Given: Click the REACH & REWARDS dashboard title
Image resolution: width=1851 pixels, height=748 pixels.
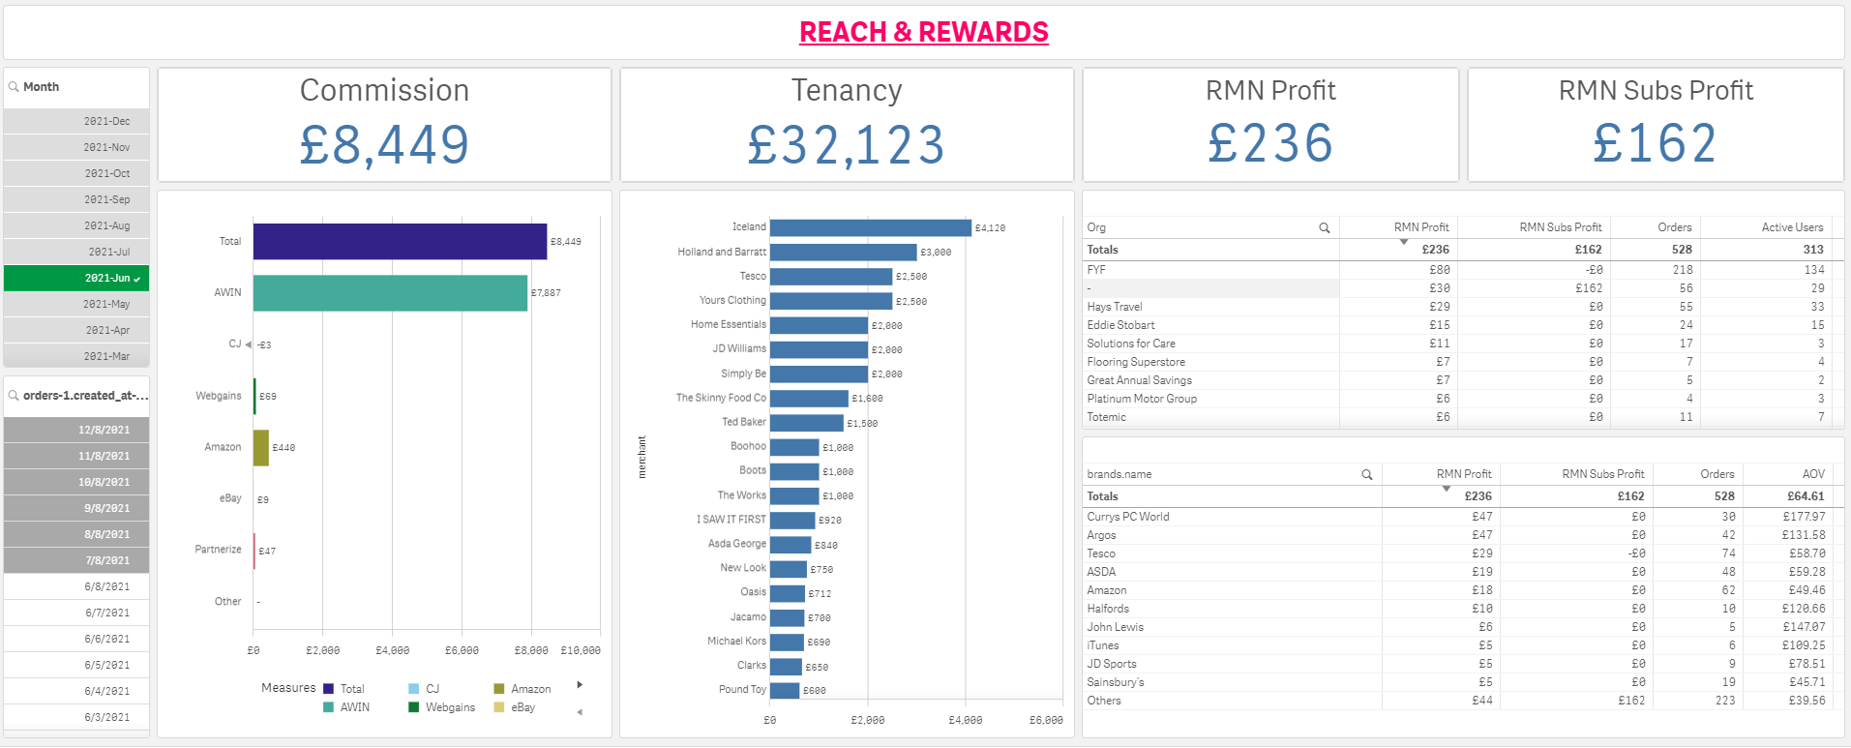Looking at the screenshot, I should [x=923, y=32].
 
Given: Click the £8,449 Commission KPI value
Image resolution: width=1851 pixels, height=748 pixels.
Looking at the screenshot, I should [x=384, y=145].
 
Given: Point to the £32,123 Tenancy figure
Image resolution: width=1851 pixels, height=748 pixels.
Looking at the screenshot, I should [x=846, y=145].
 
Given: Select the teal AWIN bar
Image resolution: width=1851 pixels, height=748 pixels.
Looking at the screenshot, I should [x=390, y=292].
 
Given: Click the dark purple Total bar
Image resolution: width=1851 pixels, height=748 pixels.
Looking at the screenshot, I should [x=400, y=241].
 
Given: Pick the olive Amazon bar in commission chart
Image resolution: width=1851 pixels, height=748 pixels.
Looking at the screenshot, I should [x=261, y=448].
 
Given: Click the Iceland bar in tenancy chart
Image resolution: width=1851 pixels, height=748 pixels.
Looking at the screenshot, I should [x=870, y=227].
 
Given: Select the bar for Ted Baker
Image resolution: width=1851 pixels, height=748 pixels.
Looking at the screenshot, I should [x=806, y=423].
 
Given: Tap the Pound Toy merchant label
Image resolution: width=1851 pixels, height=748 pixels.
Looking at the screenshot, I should [x=742, y=689].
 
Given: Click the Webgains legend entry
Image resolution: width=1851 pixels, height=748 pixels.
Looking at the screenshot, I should [x=450, y=707].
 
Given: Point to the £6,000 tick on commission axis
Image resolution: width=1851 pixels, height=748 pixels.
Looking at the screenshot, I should [x=462, y=650].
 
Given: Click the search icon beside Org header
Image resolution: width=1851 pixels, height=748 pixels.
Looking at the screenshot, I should [x=1324, y=228].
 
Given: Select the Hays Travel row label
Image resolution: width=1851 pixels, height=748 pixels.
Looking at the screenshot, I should [x=1115, y=307].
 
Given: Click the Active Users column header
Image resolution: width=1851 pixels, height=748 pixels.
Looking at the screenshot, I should [x=1792, y=227].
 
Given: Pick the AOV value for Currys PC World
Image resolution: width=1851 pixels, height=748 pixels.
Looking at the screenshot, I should [x=1804, y=517].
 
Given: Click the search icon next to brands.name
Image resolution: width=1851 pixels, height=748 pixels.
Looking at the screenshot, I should [x=1366, y=475].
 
